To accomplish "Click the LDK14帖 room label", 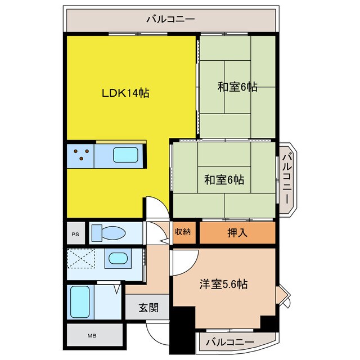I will pos(125,93).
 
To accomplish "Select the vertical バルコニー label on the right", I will pos(286,178).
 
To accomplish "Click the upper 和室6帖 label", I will pos(237,87).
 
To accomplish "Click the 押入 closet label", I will pos(237,232).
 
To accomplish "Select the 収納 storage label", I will pos(182,231).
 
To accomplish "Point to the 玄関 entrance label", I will pos(149,308).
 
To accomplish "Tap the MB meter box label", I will pos(92,336).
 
